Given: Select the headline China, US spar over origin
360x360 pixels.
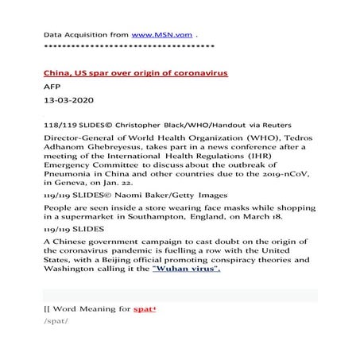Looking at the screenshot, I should pyautogui.click(x=136, y=73).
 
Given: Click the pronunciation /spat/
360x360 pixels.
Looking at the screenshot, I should pyautogui.click(x=56, y=343).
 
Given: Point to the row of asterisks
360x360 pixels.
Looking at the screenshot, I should pyautogui.click(x=127, y=47).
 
